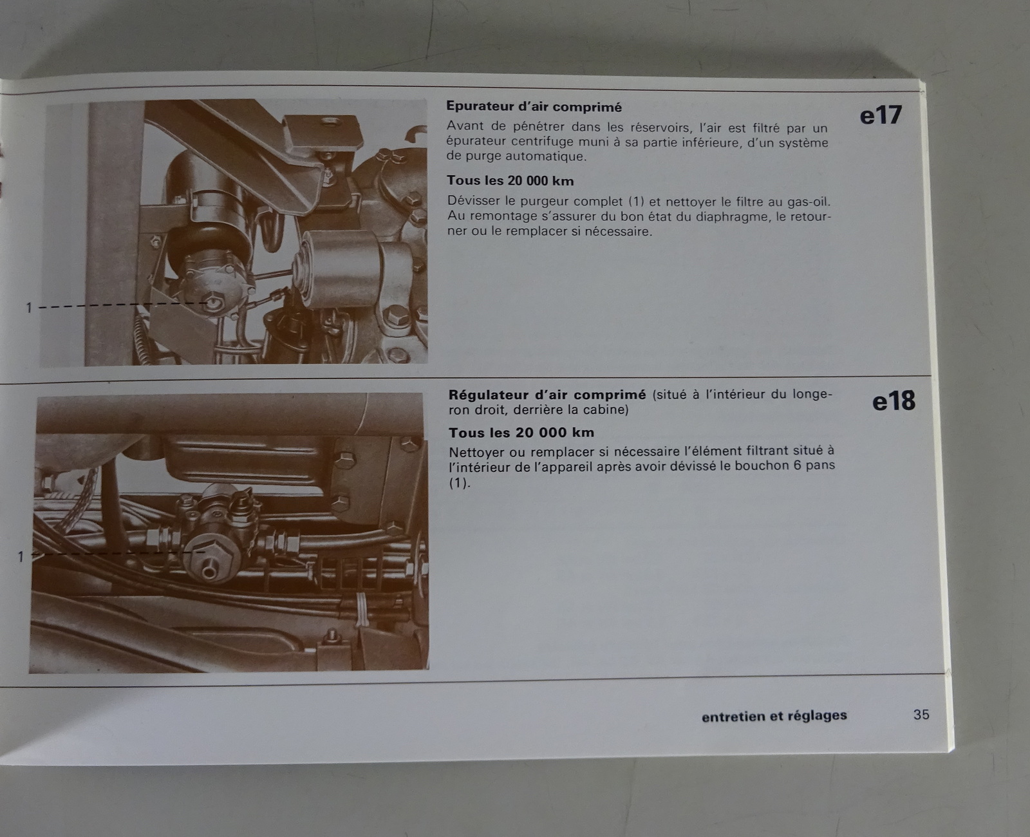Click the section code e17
[881, 116]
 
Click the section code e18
[894, 401]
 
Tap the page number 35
[921, 715]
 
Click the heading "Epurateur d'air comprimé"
[534, 107]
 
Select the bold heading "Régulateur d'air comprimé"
[547, 395]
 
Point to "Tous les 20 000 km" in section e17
[510, 181]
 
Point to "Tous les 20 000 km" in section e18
[521, 432]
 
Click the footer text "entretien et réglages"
[774, 716]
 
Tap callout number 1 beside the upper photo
[29, 308]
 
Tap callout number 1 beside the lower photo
[21, 557]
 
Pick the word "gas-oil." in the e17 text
[803, 201]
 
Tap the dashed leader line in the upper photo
[124, 305]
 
